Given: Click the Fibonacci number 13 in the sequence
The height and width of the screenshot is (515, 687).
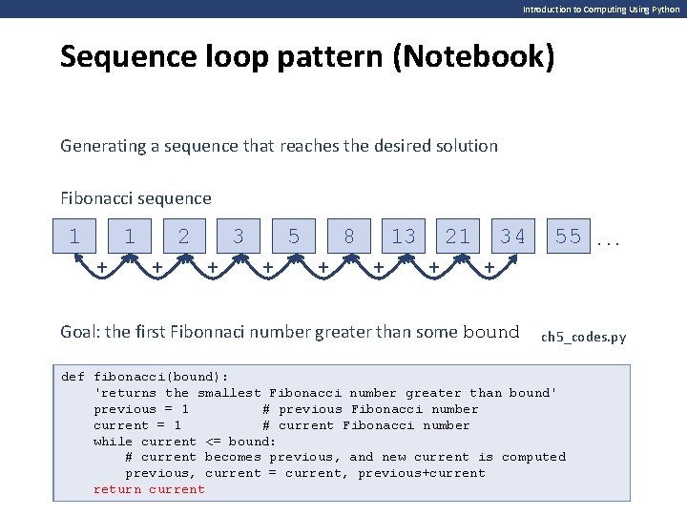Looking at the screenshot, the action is (404, 237).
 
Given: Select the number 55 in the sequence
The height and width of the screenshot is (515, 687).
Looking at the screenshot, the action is (569, 237).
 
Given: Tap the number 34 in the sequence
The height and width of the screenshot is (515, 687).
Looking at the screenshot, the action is (513, 237).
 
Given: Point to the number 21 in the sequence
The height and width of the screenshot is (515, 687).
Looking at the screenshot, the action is (458, 237).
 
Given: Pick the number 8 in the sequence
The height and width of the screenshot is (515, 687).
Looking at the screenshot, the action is (349, 237).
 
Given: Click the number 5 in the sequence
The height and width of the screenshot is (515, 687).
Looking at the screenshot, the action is (294, 237).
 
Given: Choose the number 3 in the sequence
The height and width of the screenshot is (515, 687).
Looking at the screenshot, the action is (239, 237).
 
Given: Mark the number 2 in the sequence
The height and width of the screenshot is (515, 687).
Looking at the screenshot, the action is (184, 237).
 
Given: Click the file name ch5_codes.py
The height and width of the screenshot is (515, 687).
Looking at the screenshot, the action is (584, 337).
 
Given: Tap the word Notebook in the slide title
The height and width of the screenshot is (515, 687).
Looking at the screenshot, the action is (485, 57).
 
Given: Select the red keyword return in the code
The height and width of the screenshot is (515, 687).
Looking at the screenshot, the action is (117, 489).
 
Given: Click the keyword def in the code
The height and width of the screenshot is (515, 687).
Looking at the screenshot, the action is (73, 377).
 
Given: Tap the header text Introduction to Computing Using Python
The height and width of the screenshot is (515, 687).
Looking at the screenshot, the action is (601, 9).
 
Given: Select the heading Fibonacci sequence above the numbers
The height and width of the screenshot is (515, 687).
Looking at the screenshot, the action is (135, 198).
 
